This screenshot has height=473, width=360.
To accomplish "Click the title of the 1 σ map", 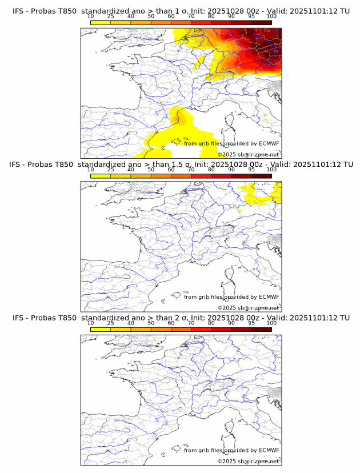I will pos(180,11).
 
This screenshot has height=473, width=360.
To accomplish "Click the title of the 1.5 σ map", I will pos(180,165).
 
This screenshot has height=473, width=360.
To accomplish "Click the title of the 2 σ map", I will pos(180,318).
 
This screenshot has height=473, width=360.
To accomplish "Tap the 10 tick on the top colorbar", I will pos(91,16).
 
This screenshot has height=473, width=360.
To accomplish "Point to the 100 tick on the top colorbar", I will pos(271,16).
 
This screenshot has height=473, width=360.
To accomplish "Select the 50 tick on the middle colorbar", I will pos(151,170).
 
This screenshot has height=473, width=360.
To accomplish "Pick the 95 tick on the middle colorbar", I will pos(251,170).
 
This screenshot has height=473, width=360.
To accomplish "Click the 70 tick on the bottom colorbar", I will pos(191,323).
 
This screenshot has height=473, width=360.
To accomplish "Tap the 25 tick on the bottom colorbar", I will pos(111,323).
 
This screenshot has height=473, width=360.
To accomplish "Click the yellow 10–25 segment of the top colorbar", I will pos(101,22).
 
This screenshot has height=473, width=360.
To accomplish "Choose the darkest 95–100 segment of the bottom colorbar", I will pos(261,329).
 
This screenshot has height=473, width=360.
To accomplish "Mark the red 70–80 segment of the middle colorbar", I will pos(201,175).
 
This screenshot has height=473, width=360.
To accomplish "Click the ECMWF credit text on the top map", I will pos(231,143).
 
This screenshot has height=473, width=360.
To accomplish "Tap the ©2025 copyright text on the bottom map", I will pos(248,461).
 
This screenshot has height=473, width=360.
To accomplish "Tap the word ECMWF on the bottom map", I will pos(269,450).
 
